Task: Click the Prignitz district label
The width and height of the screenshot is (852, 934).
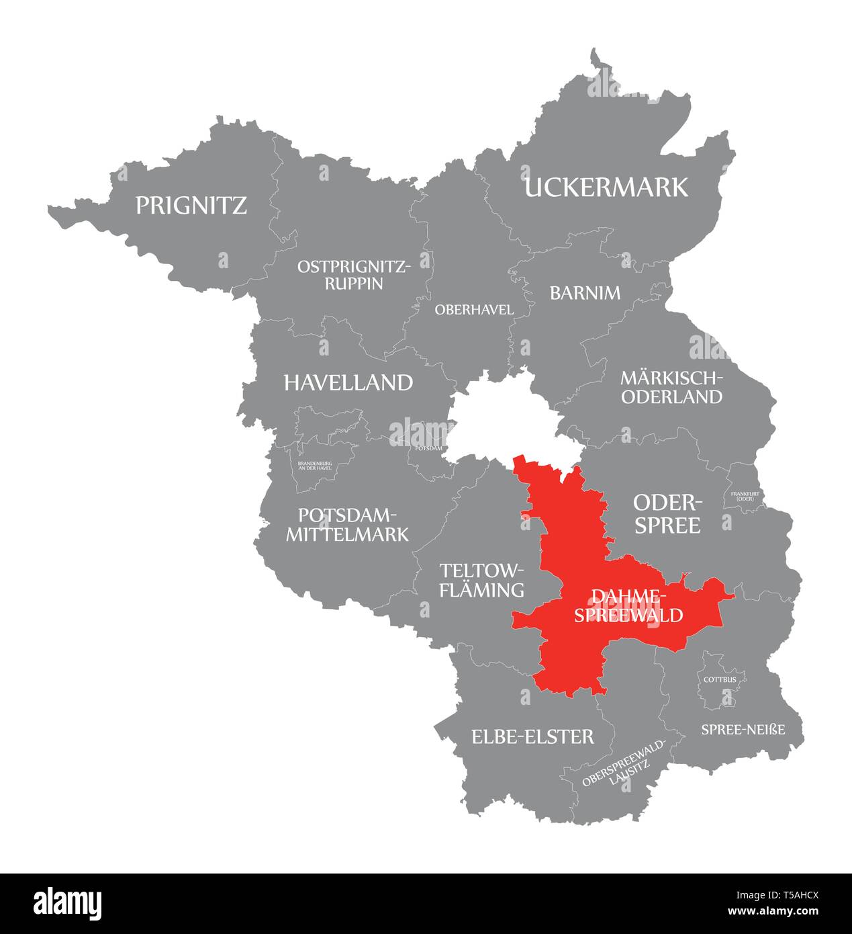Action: pos(191,205)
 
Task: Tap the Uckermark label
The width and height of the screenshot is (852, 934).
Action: pos(606,187)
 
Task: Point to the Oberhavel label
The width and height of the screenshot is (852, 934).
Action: pos(474,310)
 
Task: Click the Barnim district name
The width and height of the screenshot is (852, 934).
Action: pos(585,293)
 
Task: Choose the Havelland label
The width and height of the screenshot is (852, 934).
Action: pos(348,383)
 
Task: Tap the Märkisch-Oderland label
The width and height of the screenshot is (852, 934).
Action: pos(671,387)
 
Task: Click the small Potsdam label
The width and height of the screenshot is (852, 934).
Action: pos(429,448)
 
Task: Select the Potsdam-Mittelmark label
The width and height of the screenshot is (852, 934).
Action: pos(347,525)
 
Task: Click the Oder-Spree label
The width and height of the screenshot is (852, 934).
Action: pos(667,513)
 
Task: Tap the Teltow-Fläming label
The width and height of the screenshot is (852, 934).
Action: pos(481,581)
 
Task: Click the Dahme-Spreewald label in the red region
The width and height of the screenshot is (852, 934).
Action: pos(628,605)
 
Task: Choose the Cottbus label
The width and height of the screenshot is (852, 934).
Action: pos(720,679)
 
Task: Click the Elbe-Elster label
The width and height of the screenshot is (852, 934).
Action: pos(532,737)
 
